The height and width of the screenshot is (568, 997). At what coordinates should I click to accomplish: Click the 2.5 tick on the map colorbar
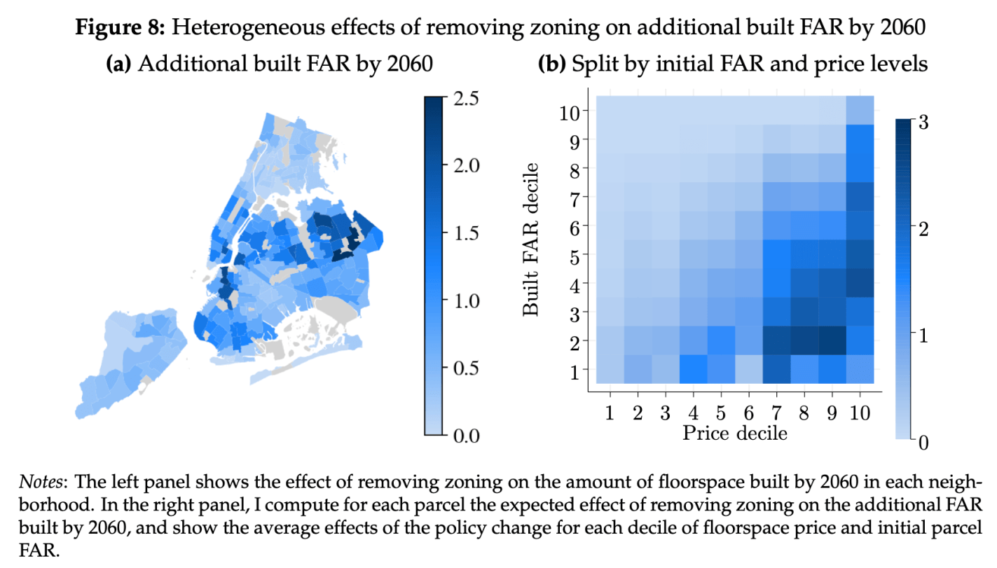pos(462,98)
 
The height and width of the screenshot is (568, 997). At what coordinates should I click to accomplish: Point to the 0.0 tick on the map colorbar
pos(462,436)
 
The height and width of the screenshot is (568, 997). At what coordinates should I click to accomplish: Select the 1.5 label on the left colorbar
pos(462,233)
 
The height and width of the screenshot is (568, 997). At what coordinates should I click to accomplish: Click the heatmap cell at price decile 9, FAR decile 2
pos(832,340)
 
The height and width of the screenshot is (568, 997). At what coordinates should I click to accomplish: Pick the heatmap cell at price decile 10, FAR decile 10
pos(860,111)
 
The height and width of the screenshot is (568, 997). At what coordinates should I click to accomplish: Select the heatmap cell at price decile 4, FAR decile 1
pos(694,369)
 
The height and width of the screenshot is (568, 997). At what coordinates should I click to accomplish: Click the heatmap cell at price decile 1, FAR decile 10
pos(610,111)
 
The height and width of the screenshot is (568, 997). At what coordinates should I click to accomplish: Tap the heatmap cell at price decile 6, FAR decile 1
pos(749,369)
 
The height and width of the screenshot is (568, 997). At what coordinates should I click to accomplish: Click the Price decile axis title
pos(735,433)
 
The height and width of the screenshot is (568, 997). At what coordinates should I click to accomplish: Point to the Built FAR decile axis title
pos(532,239)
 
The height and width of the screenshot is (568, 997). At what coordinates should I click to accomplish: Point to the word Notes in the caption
pos(41,483)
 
